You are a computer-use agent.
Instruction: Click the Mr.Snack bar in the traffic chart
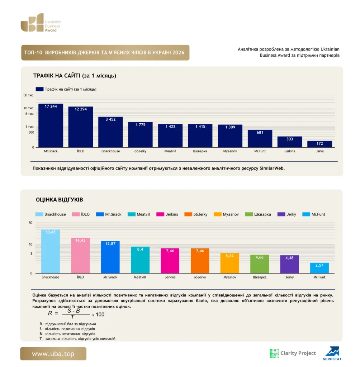pos(51,125)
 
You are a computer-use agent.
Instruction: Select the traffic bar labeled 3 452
pos(110,132)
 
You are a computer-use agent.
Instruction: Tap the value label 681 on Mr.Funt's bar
pos(260,133)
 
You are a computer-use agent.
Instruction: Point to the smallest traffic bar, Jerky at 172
pos(320,144)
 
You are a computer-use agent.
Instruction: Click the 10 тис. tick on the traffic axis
pos(29,108)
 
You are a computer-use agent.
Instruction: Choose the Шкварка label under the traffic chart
pos(200,151)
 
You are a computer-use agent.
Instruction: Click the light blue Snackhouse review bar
pos(51,251)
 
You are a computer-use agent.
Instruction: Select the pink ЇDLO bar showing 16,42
pos(80,256)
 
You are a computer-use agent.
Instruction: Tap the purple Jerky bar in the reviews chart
pos(289,264)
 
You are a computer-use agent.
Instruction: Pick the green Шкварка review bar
pos(260,264)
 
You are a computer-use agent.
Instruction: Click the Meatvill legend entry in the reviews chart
pos(139,214)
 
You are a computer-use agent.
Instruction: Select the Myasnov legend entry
pos(226,214)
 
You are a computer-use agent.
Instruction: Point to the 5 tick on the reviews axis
pos(32,254)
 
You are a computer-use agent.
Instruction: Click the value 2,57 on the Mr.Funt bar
pos(319,266)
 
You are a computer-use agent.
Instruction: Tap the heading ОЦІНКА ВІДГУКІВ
pos(60,200)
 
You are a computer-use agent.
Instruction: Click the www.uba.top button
pos(53,354)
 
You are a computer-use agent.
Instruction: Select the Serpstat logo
pos(332,353)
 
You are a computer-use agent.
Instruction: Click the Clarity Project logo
pos(293,353)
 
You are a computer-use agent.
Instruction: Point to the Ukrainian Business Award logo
pos(41,23)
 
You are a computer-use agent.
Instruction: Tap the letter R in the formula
pos(50,313)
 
